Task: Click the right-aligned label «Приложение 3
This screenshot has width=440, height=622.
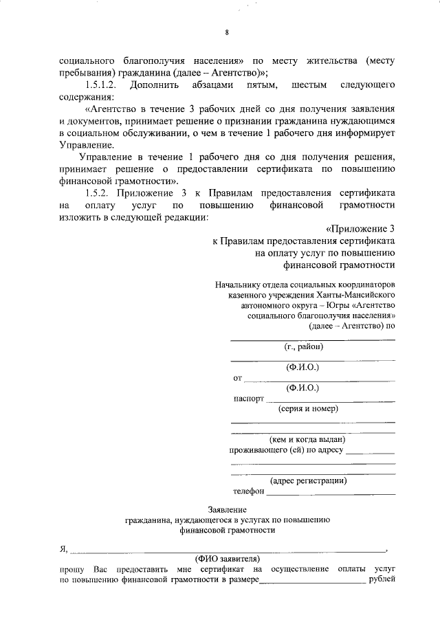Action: point(360,230)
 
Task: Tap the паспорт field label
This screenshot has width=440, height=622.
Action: point(248,398)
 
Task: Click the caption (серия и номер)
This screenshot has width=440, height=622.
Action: point(308,408)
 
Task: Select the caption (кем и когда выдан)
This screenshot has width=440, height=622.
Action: point(307,439)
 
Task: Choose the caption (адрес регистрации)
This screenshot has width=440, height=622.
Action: point(308,480)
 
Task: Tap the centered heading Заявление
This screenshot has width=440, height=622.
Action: point(226,509)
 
